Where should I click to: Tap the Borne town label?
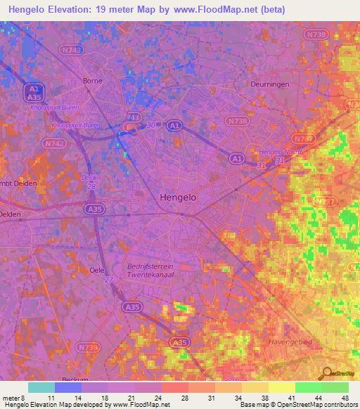pos(92,81)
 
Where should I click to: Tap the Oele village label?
pos(97,270)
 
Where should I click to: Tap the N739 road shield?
pos(87,348)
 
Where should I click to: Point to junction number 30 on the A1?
pos(150,126)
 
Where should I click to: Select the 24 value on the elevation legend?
pos(159,397)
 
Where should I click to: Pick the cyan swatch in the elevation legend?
pos(41,387)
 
